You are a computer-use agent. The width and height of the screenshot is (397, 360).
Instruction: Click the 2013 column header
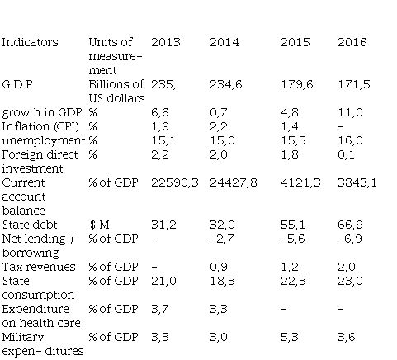pyautogui.click(x=165, y=42)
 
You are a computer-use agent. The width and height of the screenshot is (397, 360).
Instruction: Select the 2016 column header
pyautogui.click(x=352, y=42)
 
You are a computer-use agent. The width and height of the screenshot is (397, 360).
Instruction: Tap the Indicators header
pyautogui.click(x=31, y=42)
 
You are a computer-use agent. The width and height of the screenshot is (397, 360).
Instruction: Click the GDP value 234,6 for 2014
pyautogui.click(x=224, y=84)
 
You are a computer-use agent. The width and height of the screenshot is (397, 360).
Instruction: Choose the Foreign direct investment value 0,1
pyautogui.click(x=349, y=154)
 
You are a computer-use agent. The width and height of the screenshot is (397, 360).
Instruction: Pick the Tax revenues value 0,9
pyautogui.click(x=219, y=267)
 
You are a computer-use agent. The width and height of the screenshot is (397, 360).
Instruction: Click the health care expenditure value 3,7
pyautogui.click(x=159, y=309)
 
